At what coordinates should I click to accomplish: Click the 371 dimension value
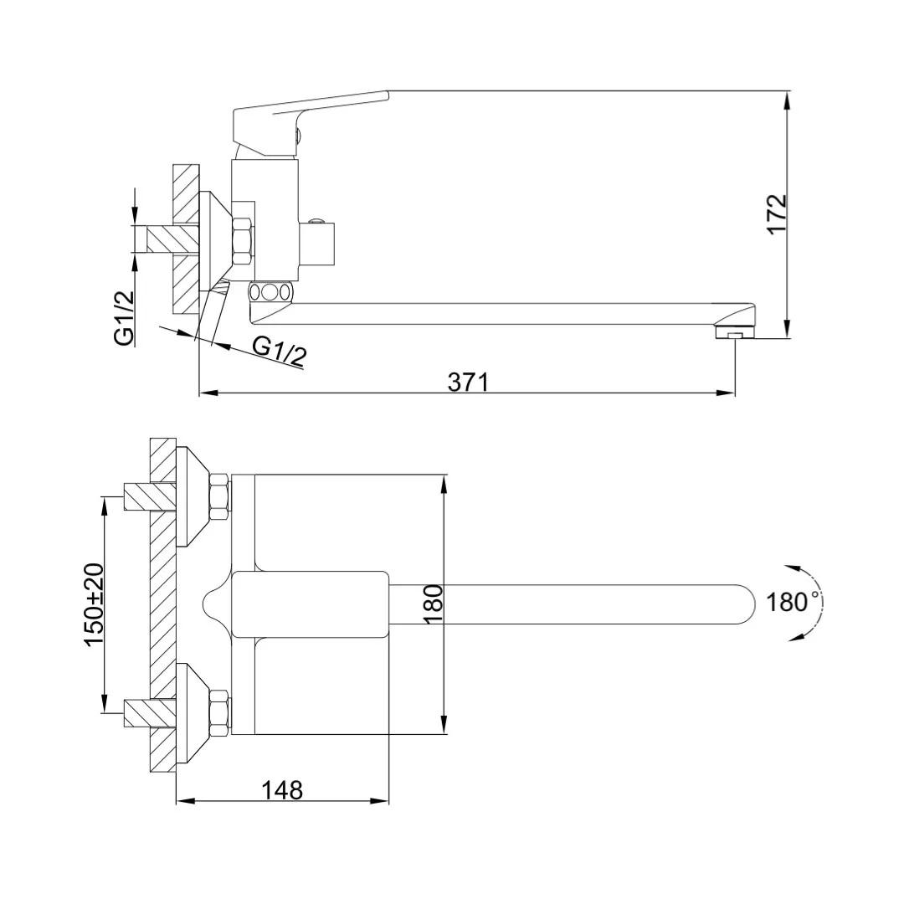coord(468,382)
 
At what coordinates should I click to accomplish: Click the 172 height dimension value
coord(777,213)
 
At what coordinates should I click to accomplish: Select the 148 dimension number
coord(283,790)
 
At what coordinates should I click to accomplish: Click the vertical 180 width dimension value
coord(433,604)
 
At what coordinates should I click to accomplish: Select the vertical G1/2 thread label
coord(124,318)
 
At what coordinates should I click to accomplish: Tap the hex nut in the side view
coord(243,241)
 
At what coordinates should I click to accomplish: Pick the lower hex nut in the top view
coord(220,712)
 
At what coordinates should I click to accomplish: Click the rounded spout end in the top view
coord(744,604)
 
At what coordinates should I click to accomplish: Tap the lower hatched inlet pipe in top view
coord(150,713)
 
